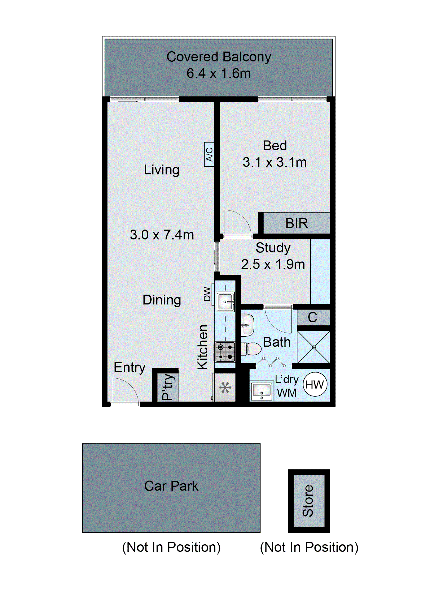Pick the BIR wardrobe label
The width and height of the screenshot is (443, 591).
[296, 223]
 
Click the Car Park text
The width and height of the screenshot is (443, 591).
[171, 486]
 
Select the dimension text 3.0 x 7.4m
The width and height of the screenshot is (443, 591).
[162, 235]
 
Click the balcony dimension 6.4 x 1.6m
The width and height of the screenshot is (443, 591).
[218, 73]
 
